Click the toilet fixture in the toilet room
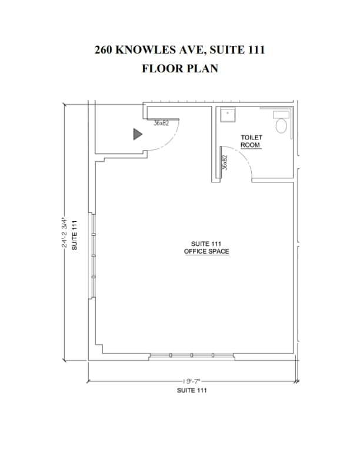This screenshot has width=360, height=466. (281, 122)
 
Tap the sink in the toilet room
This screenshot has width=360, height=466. (228, 115)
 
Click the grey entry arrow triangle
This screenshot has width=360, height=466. (138, 134)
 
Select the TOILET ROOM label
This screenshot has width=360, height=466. (251, 141)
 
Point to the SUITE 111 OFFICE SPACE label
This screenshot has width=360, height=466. (206, 248)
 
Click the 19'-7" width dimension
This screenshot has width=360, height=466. (192, 381)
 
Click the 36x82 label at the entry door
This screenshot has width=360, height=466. (161, 123)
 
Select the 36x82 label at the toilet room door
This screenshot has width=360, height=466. (225, 162)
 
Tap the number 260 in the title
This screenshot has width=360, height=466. (104, 49)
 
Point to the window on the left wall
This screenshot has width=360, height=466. (92, 255)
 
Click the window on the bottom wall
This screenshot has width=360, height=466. (192, 356)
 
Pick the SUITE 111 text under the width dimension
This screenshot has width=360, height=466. (192, 390)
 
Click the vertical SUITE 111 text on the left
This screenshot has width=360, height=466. (74, 235)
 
